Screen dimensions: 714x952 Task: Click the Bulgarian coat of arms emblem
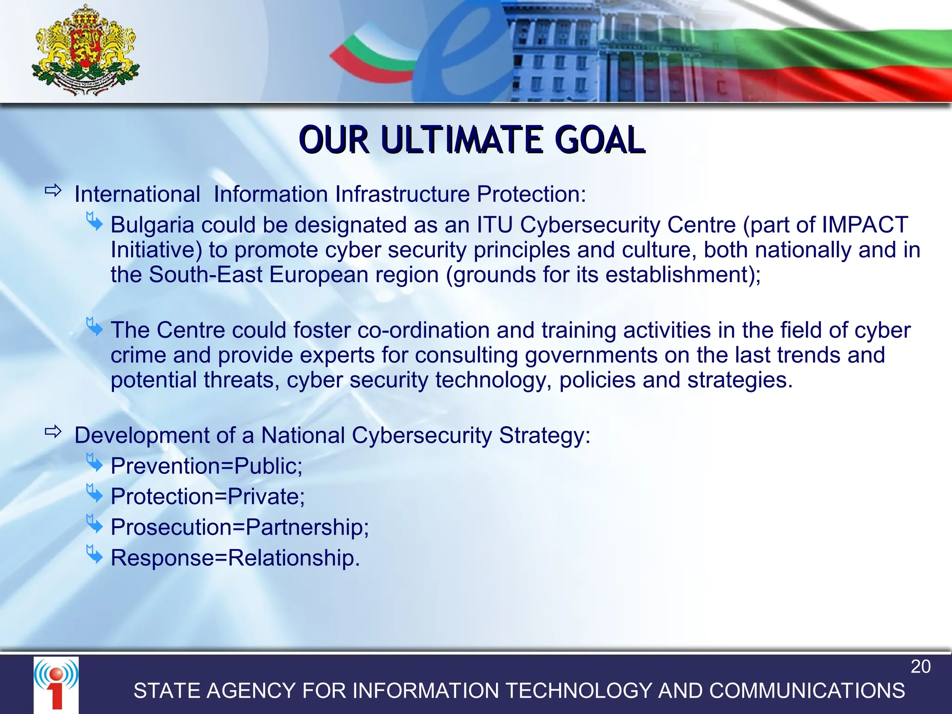point(86,50)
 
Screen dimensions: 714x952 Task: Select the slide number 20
point(920,667)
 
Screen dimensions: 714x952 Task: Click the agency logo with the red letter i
point(56,683)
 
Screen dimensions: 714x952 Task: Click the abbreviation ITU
point(495,225)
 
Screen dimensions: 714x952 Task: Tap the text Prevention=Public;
point(206,466)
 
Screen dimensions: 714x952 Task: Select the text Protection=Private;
point(208,496)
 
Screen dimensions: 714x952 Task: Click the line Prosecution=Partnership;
point(240,527)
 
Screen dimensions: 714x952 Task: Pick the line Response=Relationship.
point(235,558)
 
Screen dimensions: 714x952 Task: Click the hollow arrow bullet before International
point(53,191)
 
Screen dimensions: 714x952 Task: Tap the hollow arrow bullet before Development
point(53,432)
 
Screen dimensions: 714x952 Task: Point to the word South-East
point(205,275)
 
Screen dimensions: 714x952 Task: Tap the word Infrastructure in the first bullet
point(402,194)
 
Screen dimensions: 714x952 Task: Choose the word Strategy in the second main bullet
point(544,436)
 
